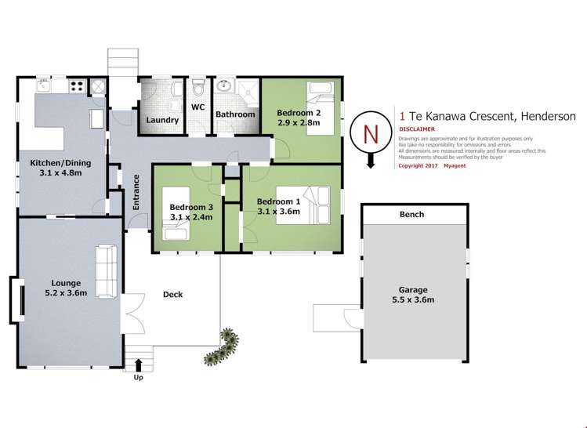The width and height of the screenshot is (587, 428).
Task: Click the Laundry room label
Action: click(163, 121)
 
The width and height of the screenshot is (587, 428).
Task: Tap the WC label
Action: click(198, 107)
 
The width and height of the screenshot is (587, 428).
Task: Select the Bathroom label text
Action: click(236, 114)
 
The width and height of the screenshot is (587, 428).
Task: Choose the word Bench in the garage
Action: click(411, 214)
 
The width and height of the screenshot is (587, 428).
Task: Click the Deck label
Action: click(172, 295)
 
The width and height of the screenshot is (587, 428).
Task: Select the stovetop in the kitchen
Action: click(78, 86)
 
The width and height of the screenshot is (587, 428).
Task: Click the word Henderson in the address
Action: click(547, 117)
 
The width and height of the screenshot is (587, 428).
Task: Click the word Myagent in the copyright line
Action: click(455, 165)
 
